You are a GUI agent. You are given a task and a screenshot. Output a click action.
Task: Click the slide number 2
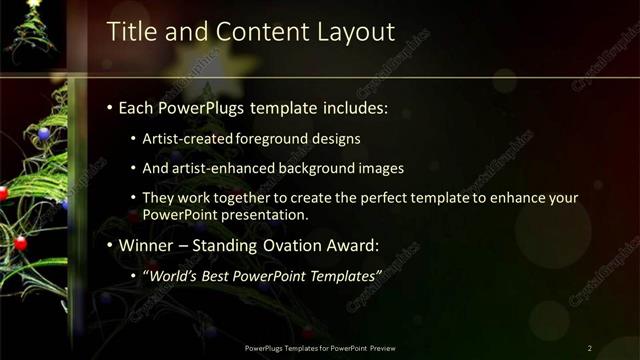pyautogui.click(x=590, y=347)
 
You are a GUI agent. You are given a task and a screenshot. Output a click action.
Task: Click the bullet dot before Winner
pyautogui.click(x=110, y=246)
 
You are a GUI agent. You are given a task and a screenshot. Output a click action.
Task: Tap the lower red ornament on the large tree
pyautogui.click(x=20, y=243)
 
